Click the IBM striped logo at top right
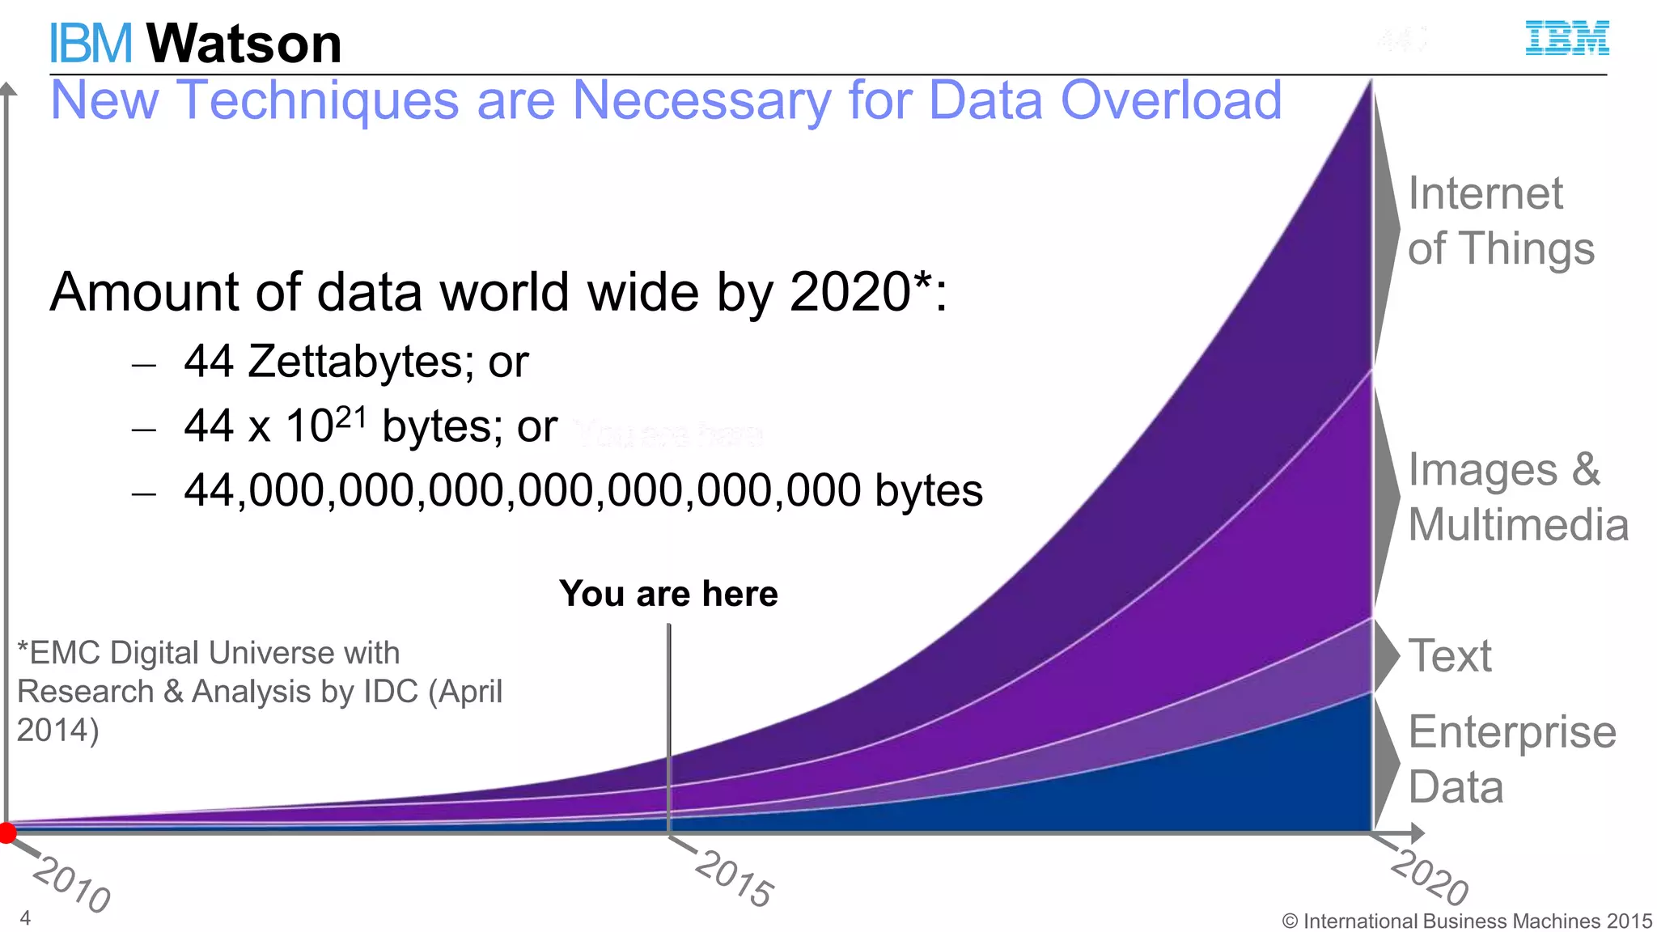(x=1566, y=39)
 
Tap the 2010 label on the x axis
(x=72, y=884)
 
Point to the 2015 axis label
(x=735, y=879)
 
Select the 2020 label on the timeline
(x=1430, y=877)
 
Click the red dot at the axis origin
(x=7, y=832)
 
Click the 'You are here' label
(x=668, y=594)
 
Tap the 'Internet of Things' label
(x=1500, y=220)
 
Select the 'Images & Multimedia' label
(x=1517, y=497)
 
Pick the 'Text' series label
(x=1450, y=655)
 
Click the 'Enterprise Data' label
(x=1511, y=759)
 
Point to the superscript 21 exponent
(x=351, y=417)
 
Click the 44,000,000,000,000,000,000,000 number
(x=522, y=490)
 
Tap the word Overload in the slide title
(x=1171, y=100)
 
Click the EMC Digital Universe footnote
(x=259, y=691)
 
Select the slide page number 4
(x=25, y=917)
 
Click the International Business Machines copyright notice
(x=1467, y=921)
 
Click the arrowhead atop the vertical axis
(x=7, y=88)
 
